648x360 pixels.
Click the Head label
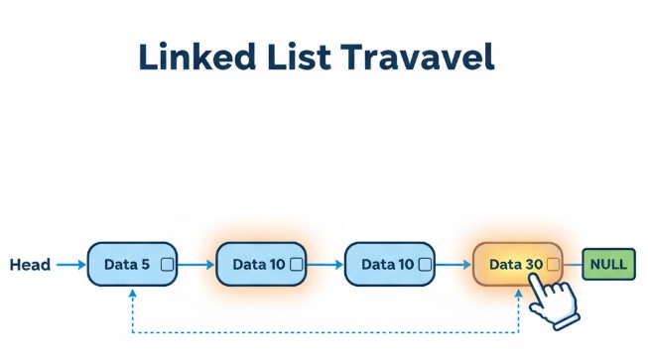tap(30, 265)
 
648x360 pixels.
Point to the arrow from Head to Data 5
tap(70, 265)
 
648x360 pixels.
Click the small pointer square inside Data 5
tap(166, 265)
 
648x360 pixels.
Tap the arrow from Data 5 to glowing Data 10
tap(195, 265)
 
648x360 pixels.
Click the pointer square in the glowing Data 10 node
tap(296, 265)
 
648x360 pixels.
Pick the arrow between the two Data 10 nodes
tap(324, 265)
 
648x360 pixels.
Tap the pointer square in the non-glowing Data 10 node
tap(425, 265)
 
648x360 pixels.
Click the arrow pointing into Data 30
tap(454, 265)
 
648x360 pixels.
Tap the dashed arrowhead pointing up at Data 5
tap(132, 295)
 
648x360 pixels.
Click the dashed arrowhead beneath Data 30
tap(520, 296)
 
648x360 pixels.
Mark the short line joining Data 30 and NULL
tap(571, 265)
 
